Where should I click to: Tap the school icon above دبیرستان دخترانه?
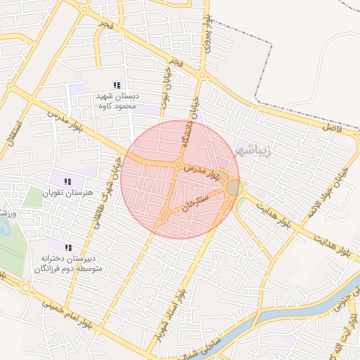[x=68, y=247]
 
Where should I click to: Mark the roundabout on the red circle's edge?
[x=234, y=187]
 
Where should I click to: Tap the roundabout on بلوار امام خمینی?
[x=27, y=288]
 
